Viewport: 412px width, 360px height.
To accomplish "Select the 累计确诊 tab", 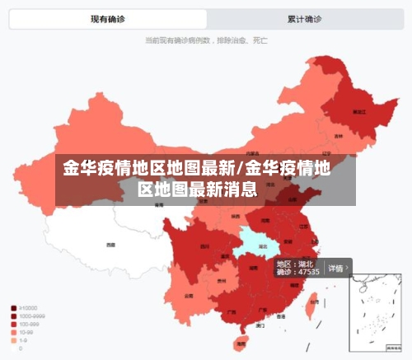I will (304, 18).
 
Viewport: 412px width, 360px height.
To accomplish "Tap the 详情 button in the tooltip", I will (336, 268).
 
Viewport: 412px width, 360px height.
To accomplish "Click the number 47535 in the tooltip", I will (308, 272).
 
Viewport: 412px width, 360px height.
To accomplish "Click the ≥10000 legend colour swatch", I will (14, 308).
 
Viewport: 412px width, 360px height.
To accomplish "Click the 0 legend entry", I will (20, 348).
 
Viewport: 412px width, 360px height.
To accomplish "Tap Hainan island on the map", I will (241, 341).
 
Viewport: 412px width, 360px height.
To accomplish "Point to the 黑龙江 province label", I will (358, 110).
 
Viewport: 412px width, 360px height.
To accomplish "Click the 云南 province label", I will (189, 294).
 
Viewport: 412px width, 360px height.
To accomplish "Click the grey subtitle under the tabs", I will (205, 39).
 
